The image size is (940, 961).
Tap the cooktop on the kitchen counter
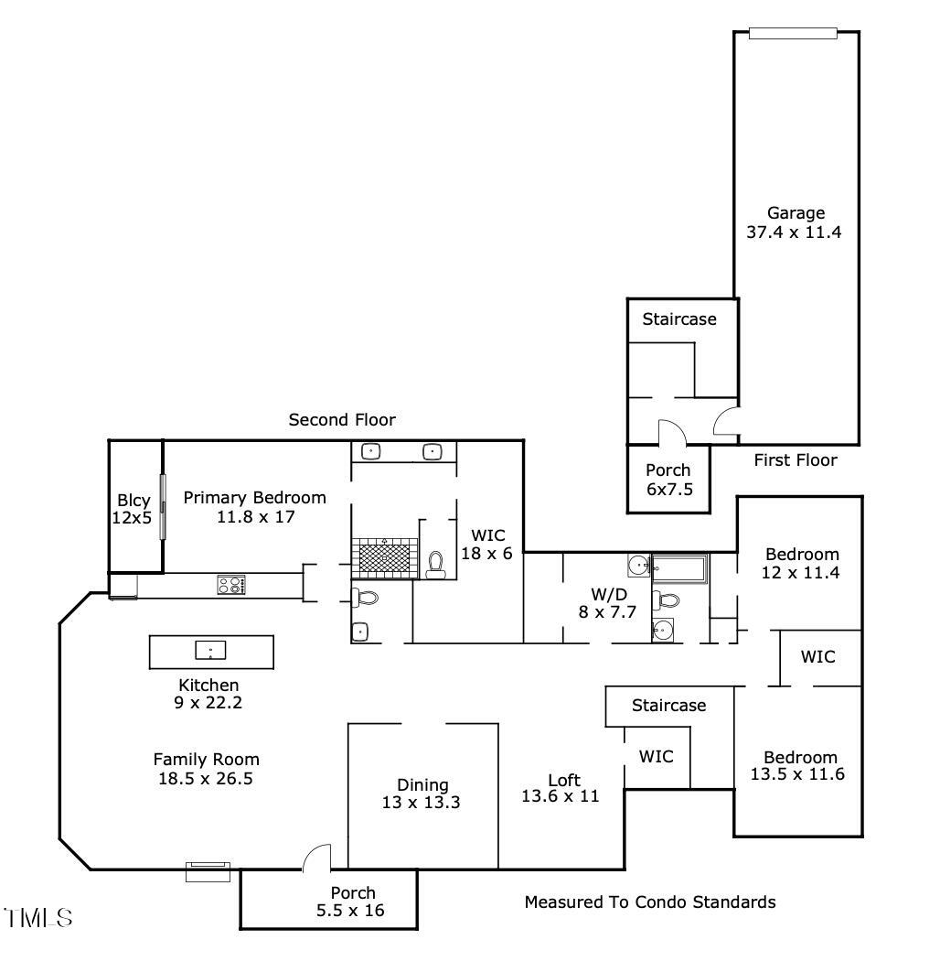coord(230,584)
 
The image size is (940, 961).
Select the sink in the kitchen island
coord(210,651)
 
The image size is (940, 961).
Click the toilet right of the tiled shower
coord(436,564)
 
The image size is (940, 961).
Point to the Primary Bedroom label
coord(254,507)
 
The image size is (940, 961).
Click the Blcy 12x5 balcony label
coord(134,510)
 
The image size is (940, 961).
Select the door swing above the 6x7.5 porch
coord(671,430)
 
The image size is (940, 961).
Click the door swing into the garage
coord(727,422)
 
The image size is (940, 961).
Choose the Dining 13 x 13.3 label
coord(422,794)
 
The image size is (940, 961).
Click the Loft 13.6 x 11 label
coord(560,788)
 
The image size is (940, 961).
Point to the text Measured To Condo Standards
coord(650,902)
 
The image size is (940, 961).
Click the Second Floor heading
coord(342,420)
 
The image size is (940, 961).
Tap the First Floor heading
coord(796,460)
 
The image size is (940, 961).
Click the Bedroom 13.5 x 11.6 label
coord(800,765)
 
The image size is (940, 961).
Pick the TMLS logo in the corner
coord(38,917)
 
